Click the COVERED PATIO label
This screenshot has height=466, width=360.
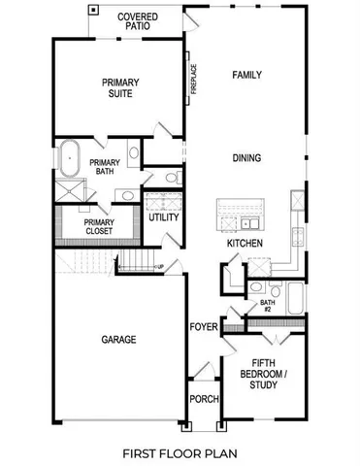click(x=137, y=22)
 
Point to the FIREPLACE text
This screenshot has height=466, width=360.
click(x=195, y=81)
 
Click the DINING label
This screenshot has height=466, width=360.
click(x=247, y=157)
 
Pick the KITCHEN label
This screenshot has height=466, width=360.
click(x=242, y=244)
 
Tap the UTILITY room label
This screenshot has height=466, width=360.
click(x=163, y=216)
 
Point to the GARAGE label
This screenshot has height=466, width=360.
click(x=118, y=340)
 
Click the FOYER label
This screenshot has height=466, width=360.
click(x=202, y=326)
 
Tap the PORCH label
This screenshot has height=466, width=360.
click(x=204, y=399)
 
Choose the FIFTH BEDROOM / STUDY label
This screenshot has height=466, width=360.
click(x=263, y=374)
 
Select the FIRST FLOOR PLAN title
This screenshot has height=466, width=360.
click(x=179, y=452)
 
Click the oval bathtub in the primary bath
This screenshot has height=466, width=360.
click(x=69, y=155)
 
